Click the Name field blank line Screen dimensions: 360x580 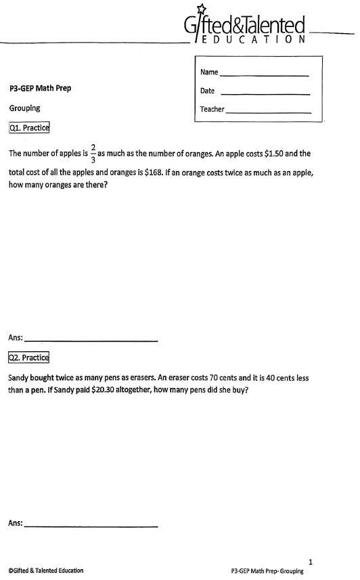coord(264,74)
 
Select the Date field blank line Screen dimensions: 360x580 coord(265,93)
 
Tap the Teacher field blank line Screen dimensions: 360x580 coord(268,112)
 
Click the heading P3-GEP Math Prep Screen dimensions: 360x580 coord(40,88)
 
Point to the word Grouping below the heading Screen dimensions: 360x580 coord(25,108)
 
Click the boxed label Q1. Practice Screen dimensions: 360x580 coord(29,127)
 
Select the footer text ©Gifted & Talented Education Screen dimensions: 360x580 coord(46,571)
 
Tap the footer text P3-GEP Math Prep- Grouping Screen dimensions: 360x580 coord(267,571)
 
